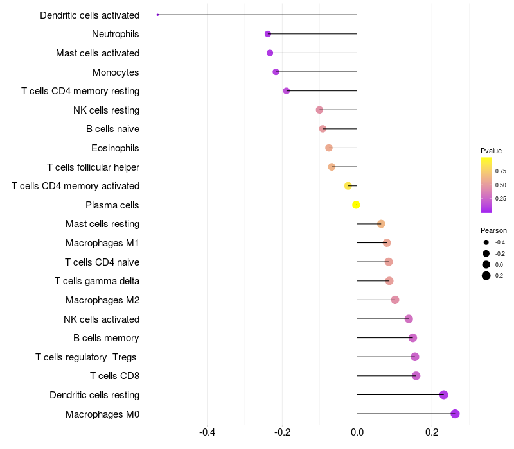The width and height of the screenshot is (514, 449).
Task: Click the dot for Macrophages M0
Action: pyautogui.click(x=456, y=414)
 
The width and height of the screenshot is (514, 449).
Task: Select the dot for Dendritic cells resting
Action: pyautogui.click(x=443, y=395)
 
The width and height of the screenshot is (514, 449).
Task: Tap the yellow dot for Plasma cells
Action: pyautogui.click(x=356, y=205)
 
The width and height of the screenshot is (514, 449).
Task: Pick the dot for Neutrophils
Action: pyautogui.click(x=268, y=34)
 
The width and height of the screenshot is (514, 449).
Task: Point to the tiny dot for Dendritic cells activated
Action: pyautogui.click(x=157, y=15)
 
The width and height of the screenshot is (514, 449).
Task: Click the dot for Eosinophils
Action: pyautogui.click(x=329, y=148)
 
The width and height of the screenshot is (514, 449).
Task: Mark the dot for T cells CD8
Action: pyautogui.click(x=416, y=376)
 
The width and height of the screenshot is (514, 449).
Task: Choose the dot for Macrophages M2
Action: pyautogui.click(x=395, y=300)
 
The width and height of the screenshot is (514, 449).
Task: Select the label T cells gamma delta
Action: pyautogui.click(x=97, y=281)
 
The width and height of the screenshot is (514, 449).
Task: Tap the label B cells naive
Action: pyautogui.click(x=112, y=129)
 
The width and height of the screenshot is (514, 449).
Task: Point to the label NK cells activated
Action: pyautogui.click(x=102, y=319)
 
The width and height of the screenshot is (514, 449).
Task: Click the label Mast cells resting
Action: pyautogui.click(x=102, y=224)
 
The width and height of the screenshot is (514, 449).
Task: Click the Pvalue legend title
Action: pyautogui.click(x=491, y=151)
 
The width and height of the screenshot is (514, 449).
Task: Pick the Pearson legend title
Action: pyautogui.click(x=493, y=230)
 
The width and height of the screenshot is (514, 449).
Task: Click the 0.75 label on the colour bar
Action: pyautogui.click(x=501, y=171)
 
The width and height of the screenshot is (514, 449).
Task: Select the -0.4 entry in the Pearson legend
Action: pyautogui.click(x=500, y=242)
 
